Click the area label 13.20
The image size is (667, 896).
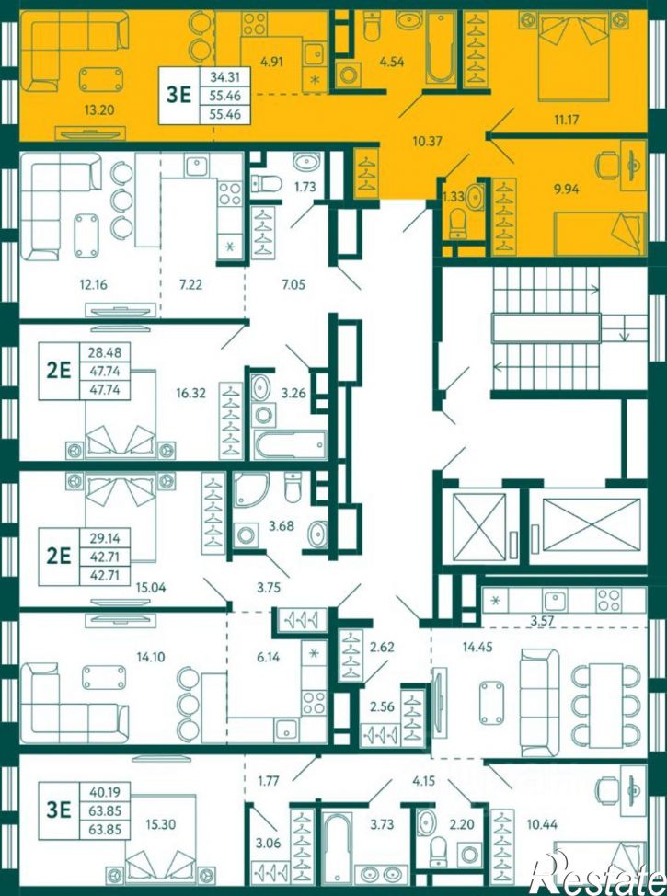(98, 109)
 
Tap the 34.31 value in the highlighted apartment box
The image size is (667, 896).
(224, 76)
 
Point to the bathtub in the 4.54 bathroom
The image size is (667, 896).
(442, 48)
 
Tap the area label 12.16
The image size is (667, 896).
(93, 284)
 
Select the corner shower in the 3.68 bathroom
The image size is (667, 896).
(250, 489)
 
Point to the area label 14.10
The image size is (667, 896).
(150, 657)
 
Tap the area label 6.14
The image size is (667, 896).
(268, 657)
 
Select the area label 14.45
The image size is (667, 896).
(477, 647)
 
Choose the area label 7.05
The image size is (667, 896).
(292, 284)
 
